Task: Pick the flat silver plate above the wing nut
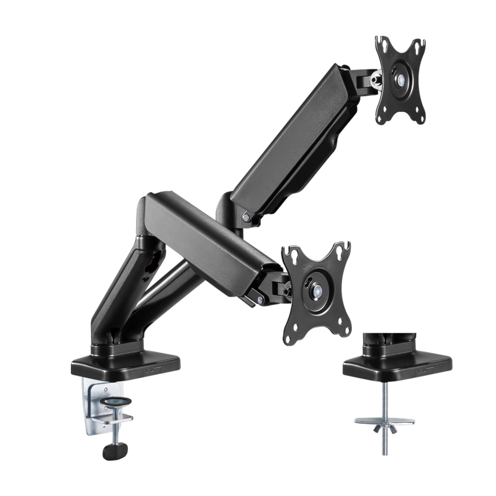click(x=385, y=421)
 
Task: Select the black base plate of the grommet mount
click(x=397, y=364)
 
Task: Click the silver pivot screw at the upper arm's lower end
click(x=245, y=217)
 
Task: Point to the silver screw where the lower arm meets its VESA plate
click(x=261, y=299)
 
